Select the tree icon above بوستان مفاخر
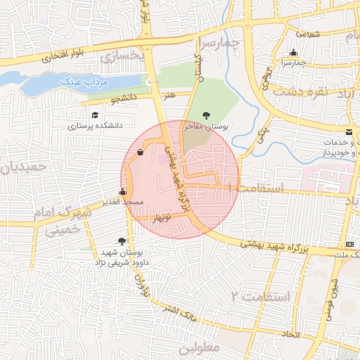tap(205, 115)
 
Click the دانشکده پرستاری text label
tap(95, 127)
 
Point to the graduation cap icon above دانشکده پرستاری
tap(94, 115)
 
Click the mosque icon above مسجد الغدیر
tap(123, 191)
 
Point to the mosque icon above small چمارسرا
tap(293, 52)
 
